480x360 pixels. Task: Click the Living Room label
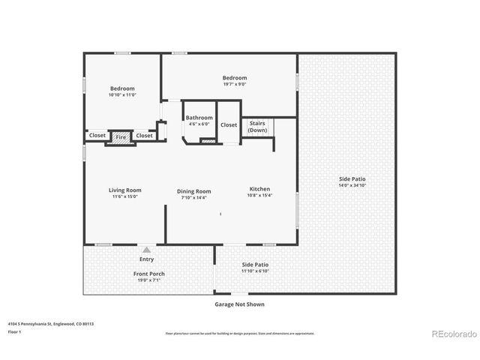click(124, 190)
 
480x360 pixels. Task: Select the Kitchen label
click(259, 189)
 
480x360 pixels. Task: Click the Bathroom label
click(199, 118)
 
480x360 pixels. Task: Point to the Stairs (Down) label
click(257, 127)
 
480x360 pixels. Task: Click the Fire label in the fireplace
click(120, 137)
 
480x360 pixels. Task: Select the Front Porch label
click(149, 274)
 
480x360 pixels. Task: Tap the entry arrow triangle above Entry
click(147, 250)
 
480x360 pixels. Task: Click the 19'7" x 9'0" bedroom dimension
click(234, 84)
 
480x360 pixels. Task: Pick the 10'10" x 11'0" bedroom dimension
click(121, 95)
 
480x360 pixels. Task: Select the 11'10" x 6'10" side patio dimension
click(255, 271)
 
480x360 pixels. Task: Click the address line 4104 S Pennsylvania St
click(51, 324)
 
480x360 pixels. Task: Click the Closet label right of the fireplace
click(145, 136)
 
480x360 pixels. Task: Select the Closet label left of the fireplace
click(97, 136)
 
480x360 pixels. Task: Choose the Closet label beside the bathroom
click(229, 125)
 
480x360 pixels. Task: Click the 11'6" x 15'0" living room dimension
click(124, 197)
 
